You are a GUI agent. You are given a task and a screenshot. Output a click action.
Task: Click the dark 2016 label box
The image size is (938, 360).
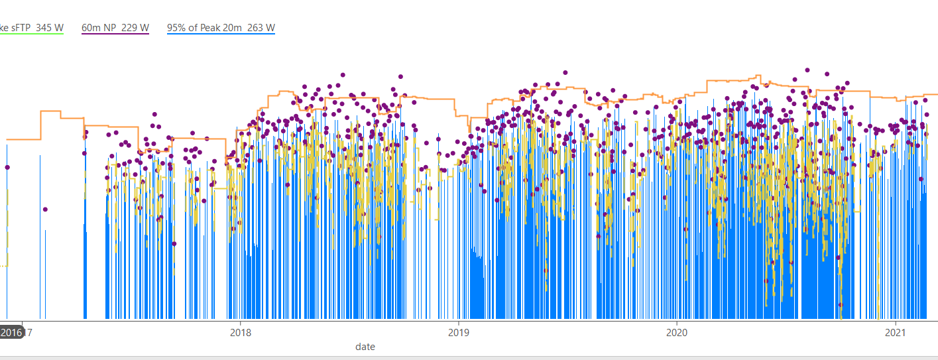point(11,332)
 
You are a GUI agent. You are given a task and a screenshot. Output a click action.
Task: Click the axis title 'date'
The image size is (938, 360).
point(365,347)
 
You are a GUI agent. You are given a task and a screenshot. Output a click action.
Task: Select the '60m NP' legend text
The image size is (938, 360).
point(99,28)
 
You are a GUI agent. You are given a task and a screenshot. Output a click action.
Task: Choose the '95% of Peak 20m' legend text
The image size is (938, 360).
point(205,28)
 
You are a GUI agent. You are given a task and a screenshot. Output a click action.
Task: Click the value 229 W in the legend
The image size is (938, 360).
point(137,28)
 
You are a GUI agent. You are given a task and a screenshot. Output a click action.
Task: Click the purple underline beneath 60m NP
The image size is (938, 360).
point(115,34)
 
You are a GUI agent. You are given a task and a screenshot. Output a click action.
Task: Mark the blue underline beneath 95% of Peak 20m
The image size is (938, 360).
point(221,34)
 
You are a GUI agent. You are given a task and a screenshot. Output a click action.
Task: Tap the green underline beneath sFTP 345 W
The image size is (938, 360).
point(32,34)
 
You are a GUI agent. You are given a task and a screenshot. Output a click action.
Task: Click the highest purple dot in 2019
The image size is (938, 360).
point(565,72)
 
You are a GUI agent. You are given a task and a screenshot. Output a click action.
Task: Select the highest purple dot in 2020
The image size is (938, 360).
point(807,70)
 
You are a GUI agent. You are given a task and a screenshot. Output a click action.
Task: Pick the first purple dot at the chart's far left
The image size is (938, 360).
point(7,167)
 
